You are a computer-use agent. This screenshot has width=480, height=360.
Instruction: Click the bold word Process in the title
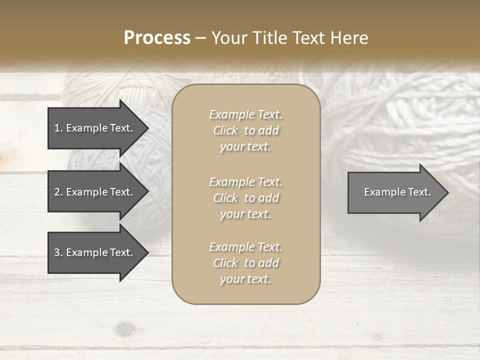click(157, 38)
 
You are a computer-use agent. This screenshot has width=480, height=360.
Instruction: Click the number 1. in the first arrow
click(58, 128)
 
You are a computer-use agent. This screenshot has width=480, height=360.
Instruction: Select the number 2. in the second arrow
click(58, 192)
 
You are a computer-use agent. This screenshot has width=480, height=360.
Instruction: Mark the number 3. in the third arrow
click(58, 252)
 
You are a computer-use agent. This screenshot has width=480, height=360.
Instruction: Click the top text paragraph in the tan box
click(246, 130)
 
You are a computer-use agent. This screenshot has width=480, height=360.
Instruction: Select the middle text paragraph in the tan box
click(246, 198)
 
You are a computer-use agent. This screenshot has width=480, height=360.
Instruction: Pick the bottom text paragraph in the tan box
click(246, 263)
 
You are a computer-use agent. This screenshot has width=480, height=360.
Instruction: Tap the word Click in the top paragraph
click(225, 130)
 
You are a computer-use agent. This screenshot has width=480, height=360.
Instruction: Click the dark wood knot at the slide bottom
click(125, 329)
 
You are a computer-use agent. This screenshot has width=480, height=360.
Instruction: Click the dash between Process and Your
click(200, 38)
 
